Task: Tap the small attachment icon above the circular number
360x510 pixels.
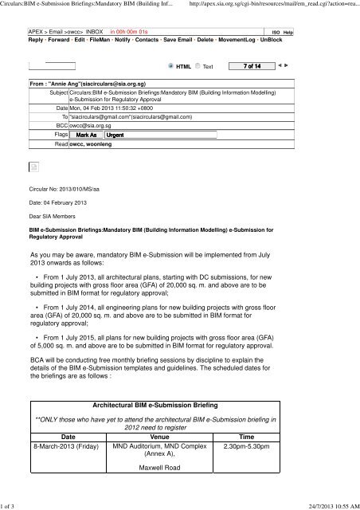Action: click(35, 165)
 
